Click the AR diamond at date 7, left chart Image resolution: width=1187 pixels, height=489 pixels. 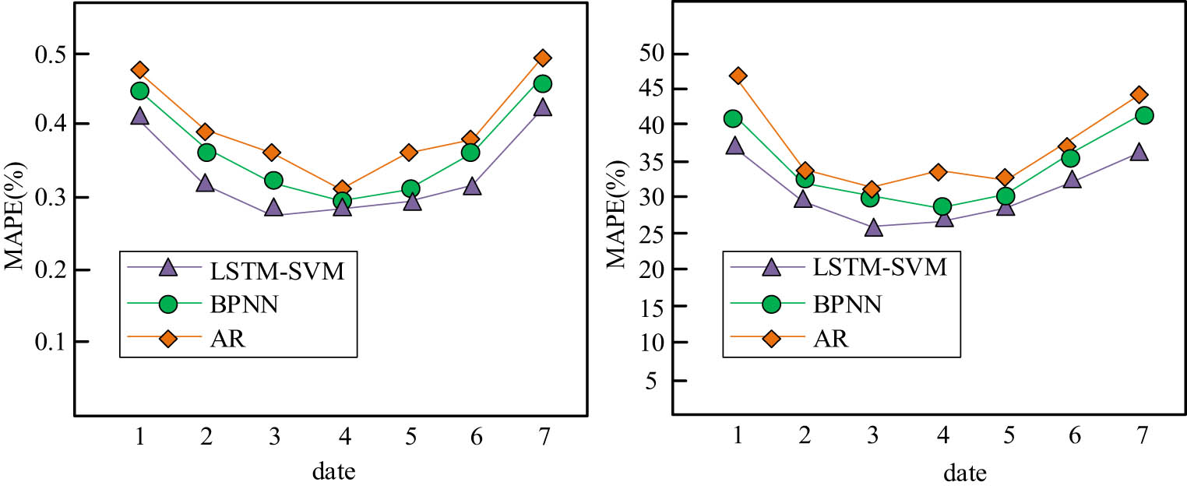[x=543, y=58]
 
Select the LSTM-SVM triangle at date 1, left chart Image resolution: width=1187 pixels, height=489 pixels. [x=139, y=117]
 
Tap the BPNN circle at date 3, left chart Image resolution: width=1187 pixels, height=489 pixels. [x=273, y=181]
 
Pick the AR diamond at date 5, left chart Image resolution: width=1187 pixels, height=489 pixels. [x=409, y=152]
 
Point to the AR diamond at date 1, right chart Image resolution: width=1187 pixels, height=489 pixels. [x=738, y=76]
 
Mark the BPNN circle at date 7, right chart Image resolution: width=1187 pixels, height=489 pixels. [x=1144, y=115]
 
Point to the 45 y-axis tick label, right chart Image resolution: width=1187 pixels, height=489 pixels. [x=653, y=90]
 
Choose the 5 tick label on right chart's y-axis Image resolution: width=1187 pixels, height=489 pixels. [x=659, y=380]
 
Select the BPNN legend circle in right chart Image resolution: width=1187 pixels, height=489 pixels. [x=771, y=304]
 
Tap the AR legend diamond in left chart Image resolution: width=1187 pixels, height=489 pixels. [x=167, y=339]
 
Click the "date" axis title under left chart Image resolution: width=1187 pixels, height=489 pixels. [x=340, y=470]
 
